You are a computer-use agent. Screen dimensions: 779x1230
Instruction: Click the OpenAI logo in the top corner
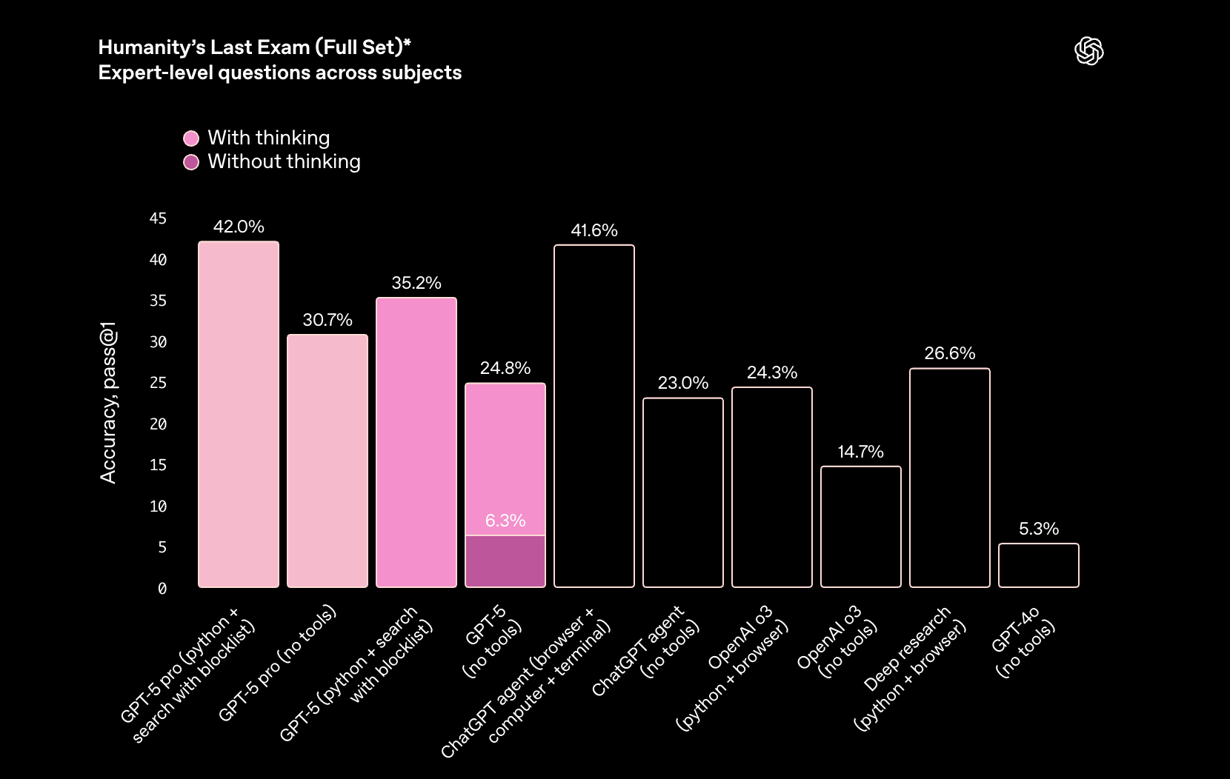click(x=1088, y=51)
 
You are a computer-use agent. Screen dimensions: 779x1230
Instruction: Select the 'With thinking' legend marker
click(x=191, y=138)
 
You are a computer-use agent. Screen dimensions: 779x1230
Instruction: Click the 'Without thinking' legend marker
click(x=191, y=162)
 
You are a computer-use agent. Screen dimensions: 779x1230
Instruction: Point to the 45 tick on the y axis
click(x=158, y=218)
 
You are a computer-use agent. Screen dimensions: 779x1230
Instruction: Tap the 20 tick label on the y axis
click(x=158, y=424)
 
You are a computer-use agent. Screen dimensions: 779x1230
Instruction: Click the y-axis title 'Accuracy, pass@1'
click(x=108, y=402)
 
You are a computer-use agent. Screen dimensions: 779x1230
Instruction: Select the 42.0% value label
click(x=239, y=227)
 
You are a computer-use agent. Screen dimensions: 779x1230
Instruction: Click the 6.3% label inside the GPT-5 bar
click(x=505, y=521)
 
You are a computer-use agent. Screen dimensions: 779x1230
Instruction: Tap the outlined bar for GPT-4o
click(x=1039, y=566)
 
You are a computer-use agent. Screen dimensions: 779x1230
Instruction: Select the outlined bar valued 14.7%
click(x=861, y=526)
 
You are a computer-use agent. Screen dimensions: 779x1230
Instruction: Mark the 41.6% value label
click(x=594, y=230)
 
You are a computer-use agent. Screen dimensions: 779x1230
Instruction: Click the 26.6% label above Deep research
click(x=950, y=353)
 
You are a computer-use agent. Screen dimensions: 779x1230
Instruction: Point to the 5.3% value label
click(x=1039, y=529)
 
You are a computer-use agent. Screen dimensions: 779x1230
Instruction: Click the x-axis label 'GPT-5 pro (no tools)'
click(x=277, y=663)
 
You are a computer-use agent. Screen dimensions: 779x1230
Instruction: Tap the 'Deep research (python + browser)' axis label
click(x=910, y=666)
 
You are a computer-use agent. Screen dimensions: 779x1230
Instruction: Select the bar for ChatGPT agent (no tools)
click(x=683, y=492)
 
